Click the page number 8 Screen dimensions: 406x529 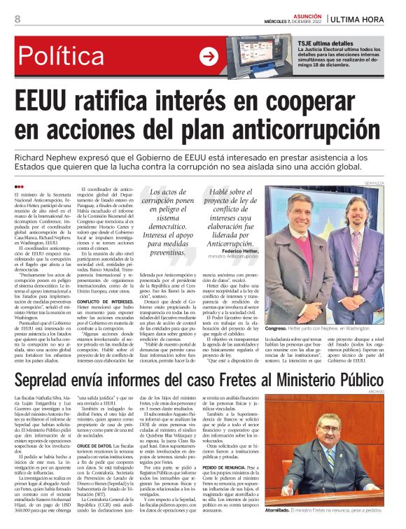point(17,20)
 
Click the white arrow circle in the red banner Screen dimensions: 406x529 point(209,56)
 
